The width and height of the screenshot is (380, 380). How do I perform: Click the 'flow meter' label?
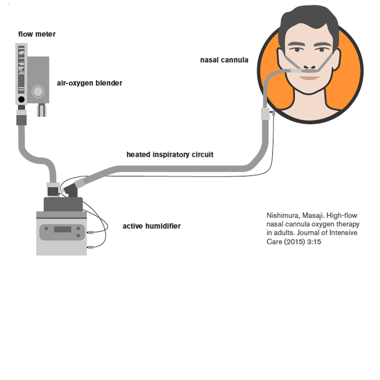click(x=37, y=34)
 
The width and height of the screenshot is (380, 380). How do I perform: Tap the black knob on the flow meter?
click(x=21, y=100)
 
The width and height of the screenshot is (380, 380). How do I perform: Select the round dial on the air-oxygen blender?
click(x=38, y=91)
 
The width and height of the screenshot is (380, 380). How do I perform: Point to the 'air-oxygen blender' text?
click(x=89, y=83)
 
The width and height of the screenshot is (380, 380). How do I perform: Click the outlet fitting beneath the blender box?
click(x=41, y=111)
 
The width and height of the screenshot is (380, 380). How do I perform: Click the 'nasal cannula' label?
click(x=224, y=60)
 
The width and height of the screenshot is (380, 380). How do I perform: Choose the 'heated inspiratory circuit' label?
click(x=170, y=155)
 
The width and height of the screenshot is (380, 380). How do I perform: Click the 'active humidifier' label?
click(x=151, y=226)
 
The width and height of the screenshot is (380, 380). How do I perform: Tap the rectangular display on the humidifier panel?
click(x=62, y=230)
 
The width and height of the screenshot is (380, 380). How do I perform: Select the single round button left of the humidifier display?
click(x=46, y=229)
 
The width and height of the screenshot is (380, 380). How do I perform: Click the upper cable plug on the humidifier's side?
click(x=90, y=231)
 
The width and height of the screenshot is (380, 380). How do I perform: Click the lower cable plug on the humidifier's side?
click(x=90, y=248)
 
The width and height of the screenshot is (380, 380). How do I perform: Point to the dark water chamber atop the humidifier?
click(x=63, y=204)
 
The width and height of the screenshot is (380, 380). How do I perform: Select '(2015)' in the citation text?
click(x=294, y=242)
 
